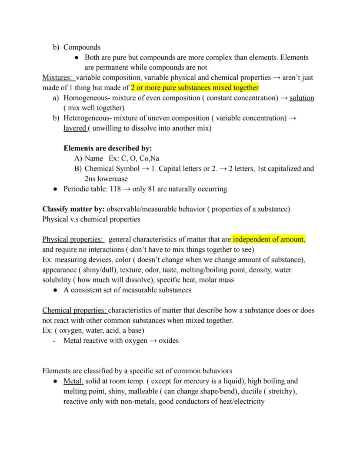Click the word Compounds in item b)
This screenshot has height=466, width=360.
click(82, 47)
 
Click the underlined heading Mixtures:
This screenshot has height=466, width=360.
click(58, 78)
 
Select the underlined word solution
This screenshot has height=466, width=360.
click(302, 98)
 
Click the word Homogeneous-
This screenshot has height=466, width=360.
click(85, 98)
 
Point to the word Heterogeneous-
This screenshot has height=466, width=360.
click(87, 118)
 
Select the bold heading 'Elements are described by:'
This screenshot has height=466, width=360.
click(107, 148)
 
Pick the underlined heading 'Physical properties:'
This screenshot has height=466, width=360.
click(73, 239)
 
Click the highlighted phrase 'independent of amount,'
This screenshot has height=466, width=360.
click(269, 239)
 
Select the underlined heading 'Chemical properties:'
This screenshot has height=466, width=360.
click(74, 311)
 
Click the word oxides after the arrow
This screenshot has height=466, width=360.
click(169, 341)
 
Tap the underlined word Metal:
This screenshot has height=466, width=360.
click(73, 381)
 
